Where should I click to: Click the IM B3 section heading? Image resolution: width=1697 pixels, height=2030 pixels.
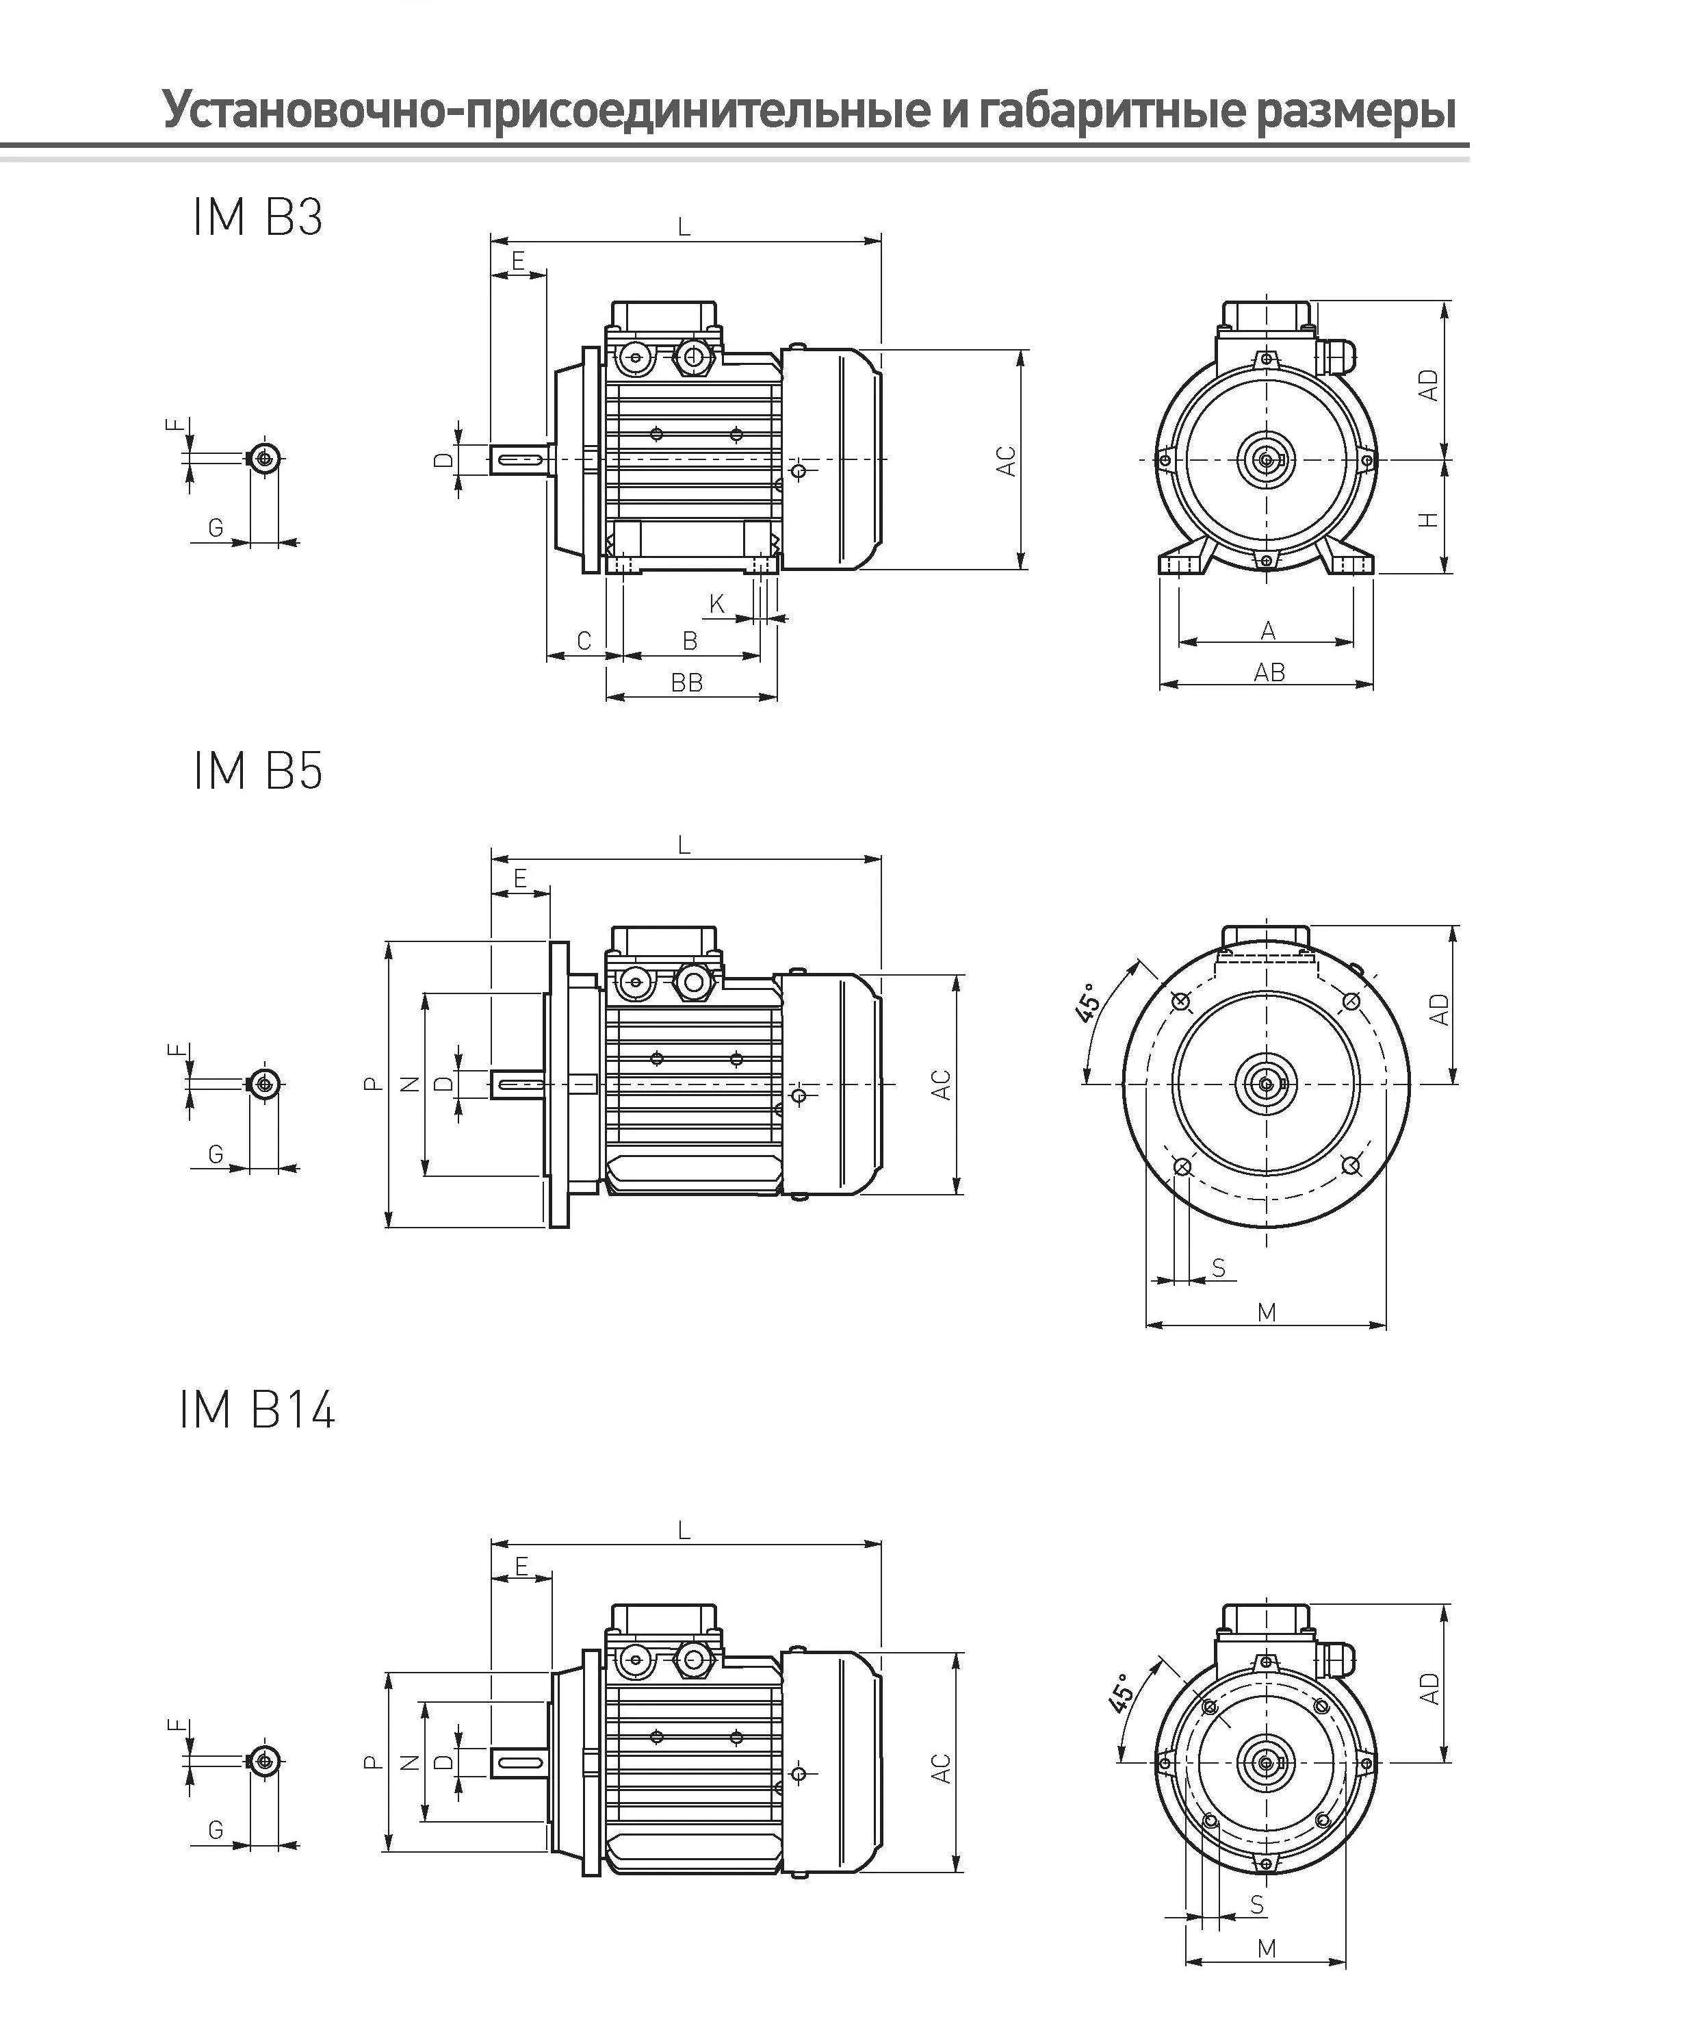(257, 218)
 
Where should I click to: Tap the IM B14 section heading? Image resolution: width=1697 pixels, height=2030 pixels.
(257, 1410)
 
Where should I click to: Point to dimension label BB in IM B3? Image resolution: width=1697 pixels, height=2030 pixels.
(687, 683)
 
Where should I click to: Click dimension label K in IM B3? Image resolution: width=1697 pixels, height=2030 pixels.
(717, 604)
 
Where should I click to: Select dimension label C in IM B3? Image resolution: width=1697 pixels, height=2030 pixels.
(584, 641)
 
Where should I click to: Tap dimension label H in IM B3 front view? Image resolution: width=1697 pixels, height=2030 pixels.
(1428, 519)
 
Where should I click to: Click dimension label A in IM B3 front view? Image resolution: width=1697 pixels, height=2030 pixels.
(1269, 631)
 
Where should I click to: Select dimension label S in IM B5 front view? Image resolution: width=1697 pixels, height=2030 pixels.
(1219, 1267)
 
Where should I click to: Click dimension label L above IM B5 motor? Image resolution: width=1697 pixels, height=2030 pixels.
(684, 846)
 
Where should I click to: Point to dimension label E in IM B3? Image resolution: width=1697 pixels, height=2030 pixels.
(518, 261)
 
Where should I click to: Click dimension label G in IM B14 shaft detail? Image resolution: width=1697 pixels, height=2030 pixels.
(216, 1830)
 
